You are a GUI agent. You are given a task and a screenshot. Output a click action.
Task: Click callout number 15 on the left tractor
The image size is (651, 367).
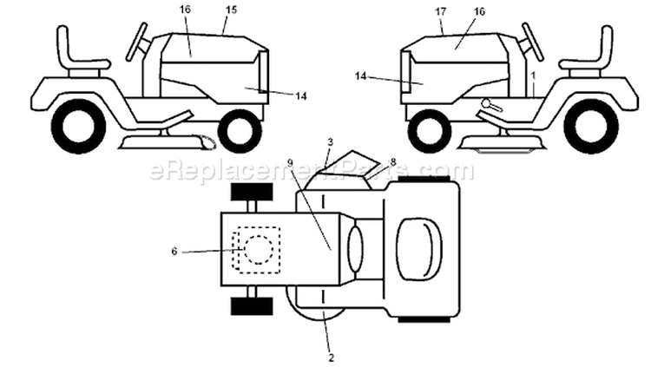[231, 10]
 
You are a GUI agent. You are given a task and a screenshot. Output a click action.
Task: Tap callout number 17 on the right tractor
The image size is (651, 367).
[441, 11]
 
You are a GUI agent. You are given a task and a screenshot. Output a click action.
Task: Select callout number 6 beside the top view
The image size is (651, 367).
[174, 251]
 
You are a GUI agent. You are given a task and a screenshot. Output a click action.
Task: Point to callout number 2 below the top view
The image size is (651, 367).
[331, 357]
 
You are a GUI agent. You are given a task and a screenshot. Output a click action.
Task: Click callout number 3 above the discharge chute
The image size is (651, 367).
[330, 142]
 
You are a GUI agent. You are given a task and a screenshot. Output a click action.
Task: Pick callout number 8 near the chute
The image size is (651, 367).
[393, 161]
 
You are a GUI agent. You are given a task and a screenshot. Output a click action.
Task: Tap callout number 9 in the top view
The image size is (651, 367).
[290, 163]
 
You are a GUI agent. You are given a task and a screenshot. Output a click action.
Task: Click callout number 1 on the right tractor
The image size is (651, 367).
[534, 76]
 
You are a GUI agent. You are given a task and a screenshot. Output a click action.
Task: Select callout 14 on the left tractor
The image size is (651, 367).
[301, 96]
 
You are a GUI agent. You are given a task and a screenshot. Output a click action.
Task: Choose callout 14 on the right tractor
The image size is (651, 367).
[361, 76]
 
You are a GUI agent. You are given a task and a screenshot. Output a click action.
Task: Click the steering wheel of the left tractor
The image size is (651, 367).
[137, 41]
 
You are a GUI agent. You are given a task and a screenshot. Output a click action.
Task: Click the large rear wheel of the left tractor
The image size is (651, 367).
[79, 126]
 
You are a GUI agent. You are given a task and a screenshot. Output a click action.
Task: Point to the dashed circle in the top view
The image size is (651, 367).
[259, 250]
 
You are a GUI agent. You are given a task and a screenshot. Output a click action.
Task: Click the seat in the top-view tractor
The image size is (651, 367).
[419, 248]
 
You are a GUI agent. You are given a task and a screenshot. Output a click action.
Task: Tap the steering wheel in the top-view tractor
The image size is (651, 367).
[354, 250]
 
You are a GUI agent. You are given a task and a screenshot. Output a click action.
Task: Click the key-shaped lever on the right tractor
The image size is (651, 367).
[491, 106]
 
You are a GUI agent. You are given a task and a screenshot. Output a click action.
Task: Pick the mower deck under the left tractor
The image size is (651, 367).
[167, 141]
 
